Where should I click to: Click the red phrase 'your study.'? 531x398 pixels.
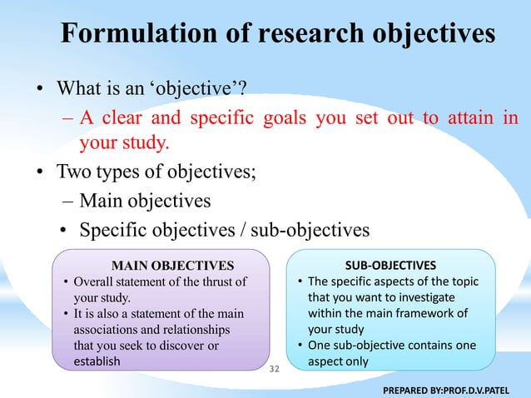(124, 143)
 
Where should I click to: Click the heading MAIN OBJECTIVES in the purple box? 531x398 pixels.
(173, 266)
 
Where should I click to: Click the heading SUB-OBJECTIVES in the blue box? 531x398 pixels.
(390, 264)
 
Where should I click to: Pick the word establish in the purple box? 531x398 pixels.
(97, 361)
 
